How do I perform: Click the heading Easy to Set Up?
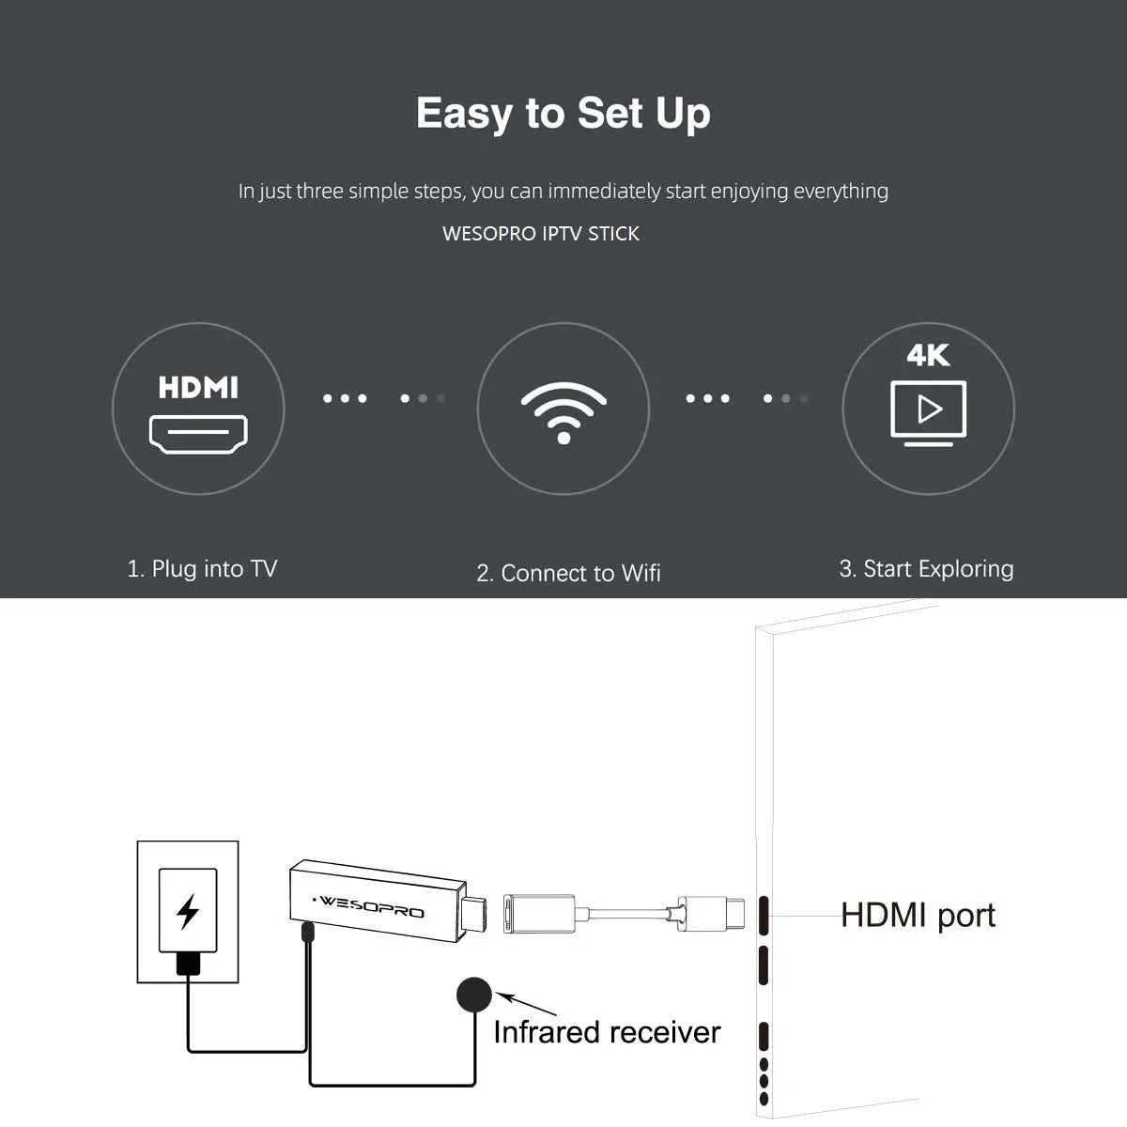tap(563, 115)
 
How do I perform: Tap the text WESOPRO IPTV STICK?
tap(540, 234)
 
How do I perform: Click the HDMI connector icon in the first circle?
tap(198, 434)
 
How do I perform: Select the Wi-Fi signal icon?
tap(563, 411)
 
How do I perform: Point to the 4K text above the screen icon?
tap(928, 355)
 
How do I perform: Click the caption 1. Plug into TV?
tap(202, 568)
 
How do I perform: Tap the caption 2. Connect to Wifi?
tap(568, 573)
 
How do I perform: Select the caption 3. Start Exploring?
tap(926, 568)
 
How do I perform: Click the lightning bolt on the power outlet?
tap(188, 911)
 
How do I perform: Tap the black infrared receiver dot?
tap(474, 996)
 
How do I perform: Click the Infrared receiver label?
tap(607, 1032)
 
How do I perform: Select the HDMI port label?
tap(918, 915)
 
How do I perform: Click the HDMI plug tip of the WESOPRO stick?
tap(476, 917)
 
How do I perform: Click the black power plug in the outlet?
tap(188, 964)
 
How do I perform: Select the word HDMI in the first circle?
tap(198, 387)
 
